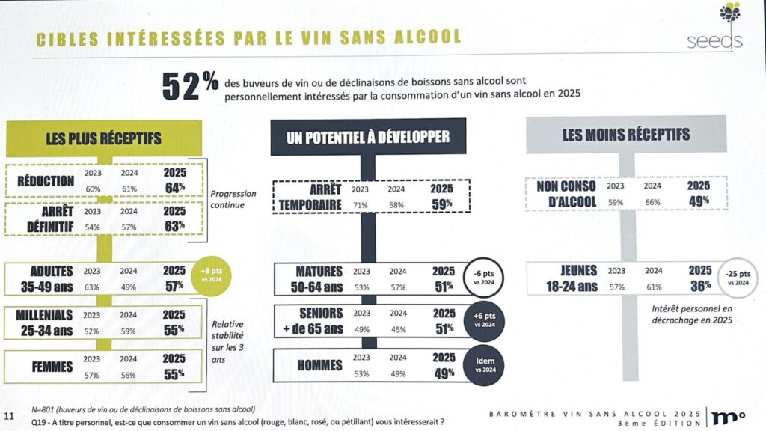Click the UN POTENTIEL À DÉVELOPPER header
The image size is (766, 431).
click(367, 136)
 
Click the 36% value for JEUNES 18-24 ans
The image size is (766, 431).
click(699, 285)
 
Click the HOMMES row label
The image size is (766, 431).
click(319, 365)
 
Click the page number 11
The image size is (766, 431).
click(9, 416)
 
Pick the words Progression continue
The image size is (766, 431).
click(233, 200)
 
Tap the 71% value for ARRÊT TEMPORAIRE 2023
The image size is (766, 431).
click(361, 204)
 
